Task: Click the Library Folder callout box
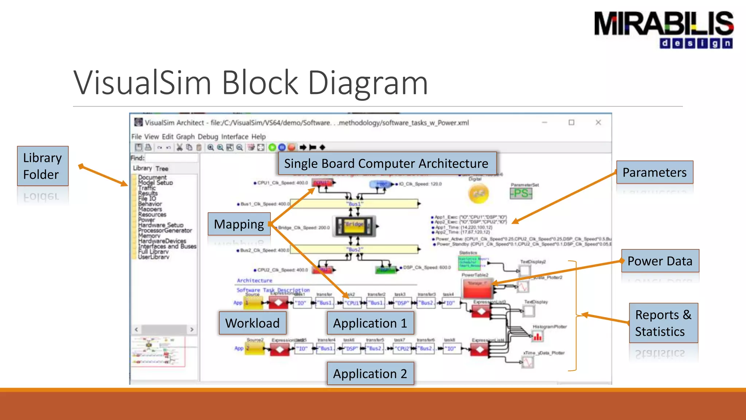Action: pyautogui.click(x=43, y=166)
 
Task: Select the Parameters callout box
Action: pyautogui.click(x=655, y=172)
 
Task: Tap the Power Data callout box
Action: pyautogui.click(x=660, y=261)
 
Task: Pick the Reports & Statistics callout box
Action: pyautogui.click(x=663, y=323)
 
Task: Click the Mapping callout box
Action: pyautogui.click(x=239, y=224)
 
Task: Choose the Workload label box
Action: pyautogui.click(x=252, y=323)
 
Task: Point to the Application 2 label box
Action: pyautogui.click(x=370, y=374)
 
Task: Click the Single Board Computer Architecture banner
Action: pyautogui.click(x=386, y=163)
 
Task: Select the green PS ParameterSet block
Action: pyautogui.click(x=521, y=193)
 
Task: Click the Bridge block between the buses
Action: pyautogui.click(x=354, y=226)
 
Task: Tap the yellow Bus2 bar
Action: pyautogui.click(x=354, y=249)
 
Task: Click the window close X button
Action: pyautogui.click(x=598, y=122)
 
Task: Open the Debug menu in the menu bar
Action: pyautogui.click(x=208, y=137)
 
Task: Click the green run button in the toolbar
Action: pyautogui.click(x=272, y=147)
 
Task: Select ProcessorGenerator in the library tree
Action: pyautogui.click(x=165, y=230)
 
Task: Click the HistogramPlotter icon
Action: pyautogui.click(x=537, y=337)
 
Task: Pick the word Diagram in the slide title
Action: pyautogui.click(x=368, y=83)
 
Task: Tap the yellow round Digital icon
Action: pyautogui.click(x=478, y=194)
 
